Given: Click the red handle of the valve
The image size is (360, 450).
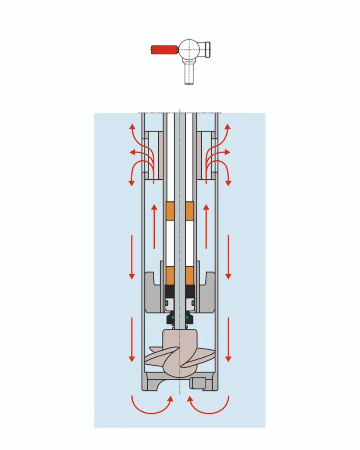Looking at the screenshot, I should point(164,50).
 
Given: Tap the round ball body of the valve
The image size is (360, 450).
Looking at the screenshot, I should point(189,49).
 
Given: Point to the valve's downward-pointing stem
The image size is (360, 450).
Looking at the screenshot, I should point(189,73).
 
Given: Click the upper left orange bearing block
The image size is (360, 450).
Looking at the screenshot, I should point(170,211).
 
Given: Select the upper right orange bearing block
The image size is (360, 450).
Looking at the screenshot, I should point(190,211).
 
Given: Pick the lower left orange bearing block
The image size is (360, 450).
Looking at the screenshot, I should point(170,275).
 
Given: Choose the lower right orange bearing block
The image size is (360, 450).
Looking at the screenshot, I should point(190,275).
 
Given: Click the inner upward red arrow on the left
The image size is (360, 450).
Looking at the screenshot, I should point(154,226).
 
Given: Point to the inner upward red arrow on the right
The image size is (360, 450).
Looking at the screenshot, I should point(206,226).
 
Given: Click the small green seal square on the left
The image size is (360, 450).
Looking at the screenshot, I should point(167,303).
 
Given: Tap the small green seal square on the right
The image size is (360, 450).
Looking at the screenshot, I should point(193,303).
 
